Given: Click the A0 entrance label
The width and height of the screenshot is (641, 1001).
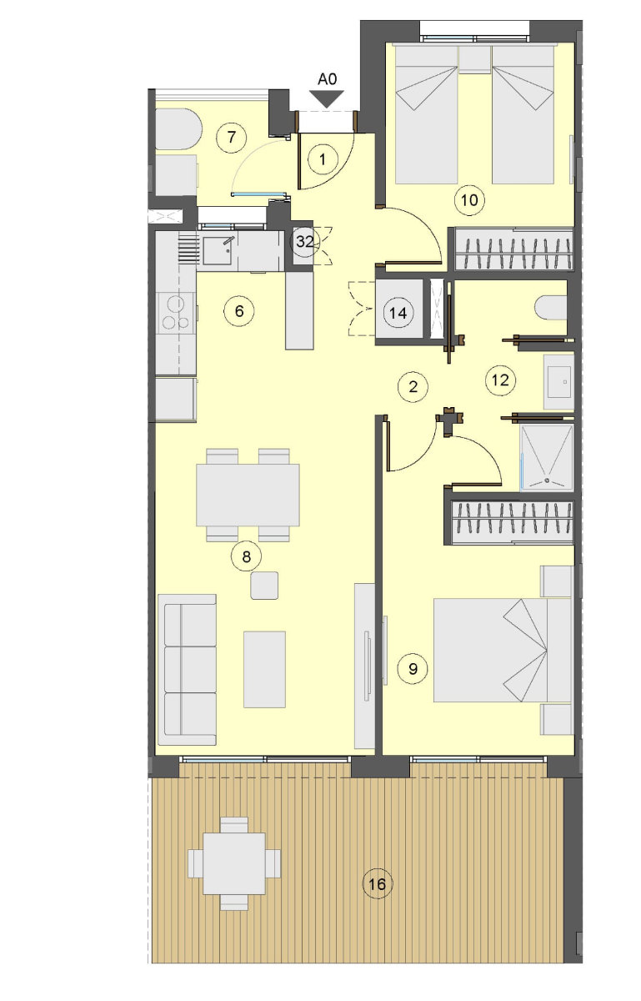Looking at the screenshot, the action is coord(327,79).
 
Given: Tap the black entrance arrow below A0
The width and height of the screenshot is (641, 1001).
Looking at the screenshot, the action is coord(327,98).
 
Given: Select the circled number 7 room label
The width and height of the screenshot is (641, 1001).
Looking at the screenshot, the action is coord(231,137).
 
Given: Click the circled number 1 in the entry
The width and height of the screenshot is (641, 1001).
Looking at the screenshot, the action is coord(323,159).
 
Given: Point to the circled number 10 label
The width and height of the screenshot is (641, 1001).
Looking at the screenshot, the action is coord(469,199).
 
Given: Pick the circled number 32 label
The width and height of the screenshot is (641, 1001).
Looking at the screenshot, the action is coord(305,242).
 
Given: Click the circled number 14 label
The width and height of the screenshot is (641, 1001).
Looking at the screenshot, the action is coord(398,313).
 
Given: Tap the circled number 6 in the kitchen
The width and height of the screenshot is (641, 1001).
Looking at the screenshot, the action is coord(239,310).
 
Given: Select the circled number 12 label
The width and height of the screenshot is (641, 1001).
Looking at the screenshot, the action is coord(500,380).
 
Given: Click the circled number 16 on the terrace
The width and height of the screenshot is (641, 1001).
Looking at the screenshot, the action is coord(378,883).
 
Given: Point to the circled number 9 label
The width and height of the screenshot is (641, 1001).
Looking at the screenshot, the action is coord(413,668).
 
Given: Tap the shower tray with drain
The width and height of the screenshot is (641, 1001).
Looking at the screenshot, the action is coord(547,457).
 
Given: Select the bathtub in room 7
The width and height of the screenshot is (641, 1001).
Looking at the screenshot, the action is coord(178,128).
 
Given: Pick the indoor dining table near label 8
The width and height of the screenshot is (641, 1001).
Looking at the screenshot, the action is coord(248,495).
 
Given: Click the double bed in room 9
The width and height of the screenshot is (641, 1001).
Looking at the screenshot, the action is coord(503,650).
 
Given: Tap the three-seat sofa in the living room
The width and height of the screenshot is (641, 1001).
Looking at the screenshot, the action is coord(188,669).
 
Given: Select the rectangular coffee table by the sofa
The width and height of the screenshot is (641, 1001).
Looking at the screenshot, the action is coord(264,669).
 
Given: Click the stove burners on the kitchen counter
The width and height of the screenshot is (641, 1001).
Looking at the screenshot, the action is coord(176,313).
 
